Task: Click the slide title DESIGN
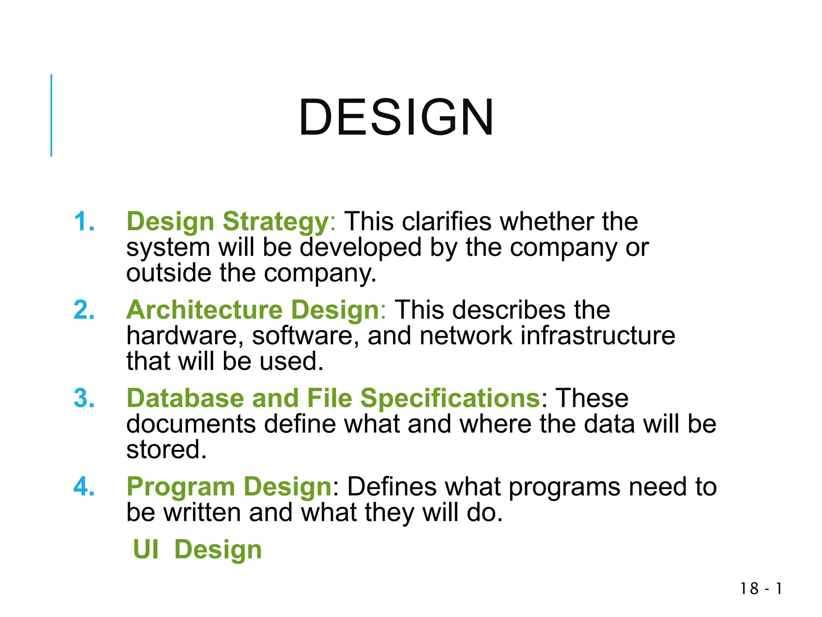coord(396,117)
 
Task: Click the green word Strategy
coord(276,222)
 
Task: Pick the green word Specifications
coord(450,399)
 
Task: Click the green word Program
coord(181,487)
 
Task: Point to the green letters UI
coord(146,550)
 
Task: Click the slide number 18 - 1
coord(761,589)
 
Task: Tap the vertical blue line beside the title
coord(51,115)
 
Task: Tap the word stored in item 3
coord(166,449)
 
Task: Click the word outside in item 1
coord(169,273)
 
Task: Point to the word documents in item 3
coord(191,424)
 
